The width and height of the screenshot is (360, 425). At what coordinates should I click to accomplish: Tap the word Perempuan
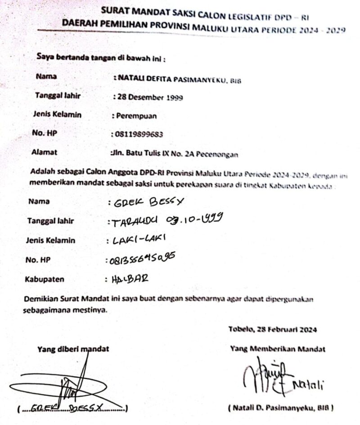pyautogui.click(x=136, y=116)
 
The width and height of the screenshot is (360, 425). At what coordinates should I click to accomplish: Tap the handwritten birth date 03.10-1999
pyautogui.click(x=195, y=220)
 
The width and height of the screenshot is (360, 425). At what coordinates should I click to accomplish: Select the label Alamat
pyautogui.click(x=44, y=152)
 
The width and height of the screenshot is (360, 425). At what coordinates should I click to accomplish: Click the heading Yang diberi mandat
pyautogui.click(x=73, y=348)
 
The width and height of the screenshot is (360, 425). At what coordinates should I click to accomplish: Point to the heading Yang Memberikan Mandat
pyautogui.click(x=278, y=348)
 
